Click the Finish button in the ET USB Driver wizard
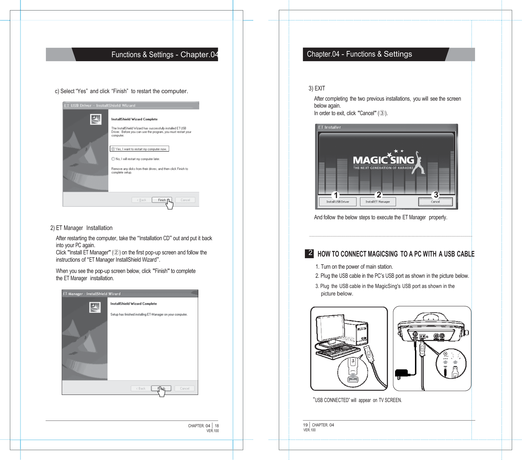click(x=162, y=200)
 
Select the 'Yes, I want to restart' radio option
click(x=113, y=149)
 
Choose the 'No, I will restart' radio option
click(x=113, y=159)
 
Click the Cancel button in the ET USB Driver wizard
click(x=185, y=200)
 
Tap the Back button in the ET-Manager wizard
click(x=141, y=388)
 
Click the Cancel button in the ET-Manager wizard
click(x=184, y=388)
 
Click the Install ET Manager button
click(x=377, y=202)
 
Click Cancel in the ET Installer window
click(x=435, y=202)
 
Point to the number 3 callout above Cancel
click(x=436, y=195)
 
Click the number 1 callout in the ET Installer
click(x=335, y=195)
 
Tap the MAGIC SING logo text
click(x=383, y=160)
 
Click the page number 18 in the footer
click(x=217, y=426)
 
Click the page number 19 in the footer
click(x=305, y=425)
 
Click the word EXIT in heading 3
click(x=320, y=88)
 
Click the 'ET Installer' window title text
click(x=329, y=127)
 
